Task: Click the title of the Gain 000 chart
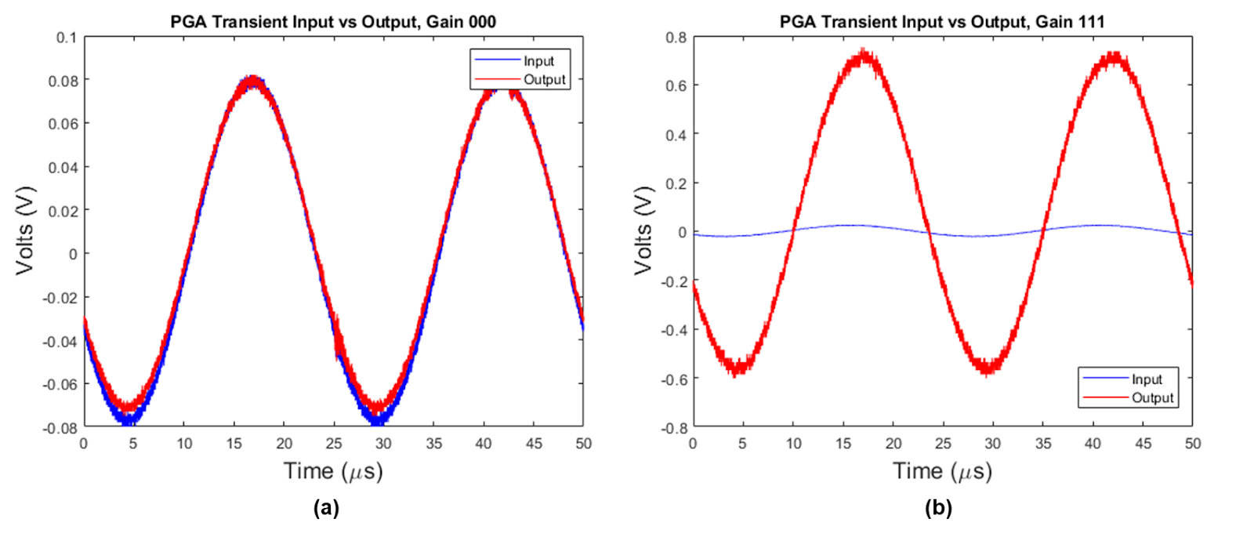click(333, 22)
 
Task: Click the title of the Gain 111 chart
click(942, 22)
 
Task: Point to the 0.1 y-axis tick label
click(67, 38)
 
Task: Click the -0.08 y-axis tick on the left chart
click(60, 428)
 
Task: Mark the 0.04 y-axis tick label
click(63, 168)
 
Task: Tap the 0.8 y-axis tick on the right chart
click(676, 38)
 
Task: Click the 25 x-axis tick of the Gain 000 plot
click(334, 444)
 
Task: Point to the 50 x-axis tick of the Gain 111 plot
click(1192, 444)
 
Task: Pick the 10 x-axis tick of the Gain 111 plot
click(793, 444)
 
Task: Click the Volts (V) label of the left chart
click(25, 230)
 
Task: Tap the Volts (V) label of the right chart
click(643, 230)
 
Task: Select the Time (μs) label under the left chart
click(333, 471)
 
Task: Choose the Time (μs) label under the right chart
click(942, 471)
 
